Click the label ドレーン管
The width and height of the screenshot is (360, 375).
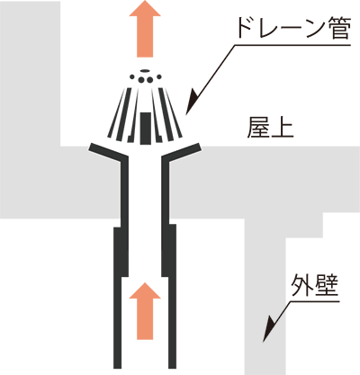(x=293, y=28)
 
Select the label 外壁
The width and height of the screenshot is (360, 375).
(x=315, y=285)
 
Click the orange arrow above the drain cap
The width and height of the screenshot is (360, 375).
(x=145, y=29)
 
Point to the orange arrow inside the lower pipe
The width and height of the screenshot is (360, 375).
(x=145, y=311)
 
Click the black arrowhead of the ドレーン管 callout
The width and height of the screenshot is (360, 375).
(x=192, y=102)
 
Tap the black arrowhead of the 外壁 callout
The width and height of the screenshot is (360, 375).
(x=269, y=328)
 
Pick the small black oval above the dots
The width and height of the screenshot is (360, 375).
(x=145, y=71)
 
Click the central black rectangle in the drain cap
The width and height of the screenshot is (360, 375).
(x=146, y=128)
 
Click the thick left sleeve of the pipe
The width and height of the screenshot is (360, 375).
(x=121, y=252)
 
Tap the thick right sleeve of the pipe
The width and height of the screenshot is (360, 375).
(x=169, y=250)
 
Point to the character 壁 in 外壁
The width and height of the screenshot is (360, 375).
(x=328, y=285)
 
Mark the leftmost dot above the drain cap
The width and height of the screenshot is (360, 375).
(x=131, y=77)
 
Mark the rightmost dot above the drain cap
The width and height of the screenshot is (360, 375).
(x=159, y=77)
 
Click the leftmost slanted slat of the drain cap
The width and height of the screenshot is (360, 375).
(x=116, y=112)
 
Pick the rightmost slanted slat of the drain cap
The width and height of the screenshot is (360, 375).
(x=174, y=112)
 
